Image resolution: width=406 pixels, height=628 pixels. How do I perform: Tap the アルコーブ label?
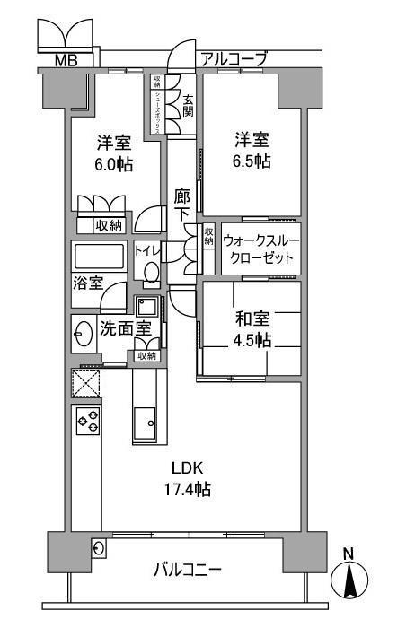(x=234, y=59)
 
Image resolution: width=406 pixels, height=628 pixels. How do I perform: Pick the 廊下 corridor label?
(x=181, y=205)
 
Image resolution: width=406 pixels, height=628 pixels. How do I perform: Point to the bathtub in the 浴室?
(x=100, y=258)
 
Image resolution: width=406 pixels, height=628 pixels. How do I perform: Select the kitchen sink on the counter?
(x=145, y=420)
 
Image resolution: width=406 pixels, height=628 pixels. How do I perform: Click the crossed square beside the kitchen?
(x=86, y=385)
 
